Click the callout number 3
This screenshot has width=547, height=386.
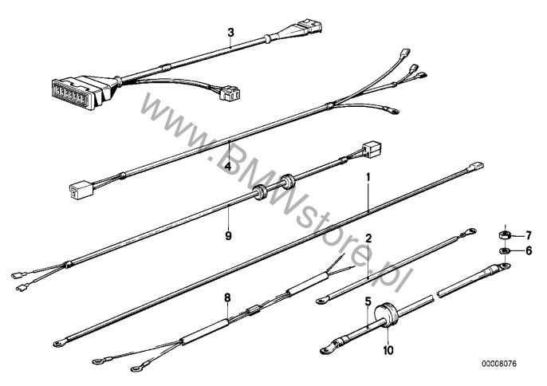[230, 33]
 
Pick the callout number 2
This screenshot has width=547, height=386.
[368, 238]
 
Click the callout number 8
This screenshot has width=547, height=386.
[227, 297]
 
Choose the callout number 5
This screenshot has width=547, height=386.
[368, 302]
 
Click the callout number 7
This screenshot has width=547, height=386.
[528, 236]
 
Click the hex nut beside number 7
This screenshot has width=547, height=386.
[506, 236]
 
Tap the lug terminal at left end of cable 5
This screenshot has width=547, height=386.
[328, 349]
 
